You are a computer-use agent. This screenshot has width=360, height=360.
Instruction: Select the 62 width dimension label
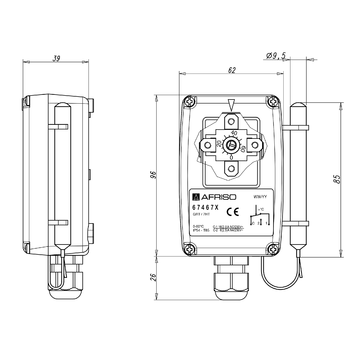tap(230, 71)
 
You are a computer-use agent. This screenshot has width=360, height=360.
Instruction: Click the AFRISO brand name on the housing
tap(221, 198)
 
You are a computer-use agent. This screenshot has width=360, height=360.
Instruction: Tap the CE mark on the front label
tap(232, 212)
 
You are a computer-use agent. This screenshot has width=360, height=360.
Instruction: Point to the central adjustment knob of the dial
tap(231, 142)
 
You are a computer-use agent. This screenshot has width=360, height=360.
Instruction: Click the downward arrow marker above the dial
tap(231, 103)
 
